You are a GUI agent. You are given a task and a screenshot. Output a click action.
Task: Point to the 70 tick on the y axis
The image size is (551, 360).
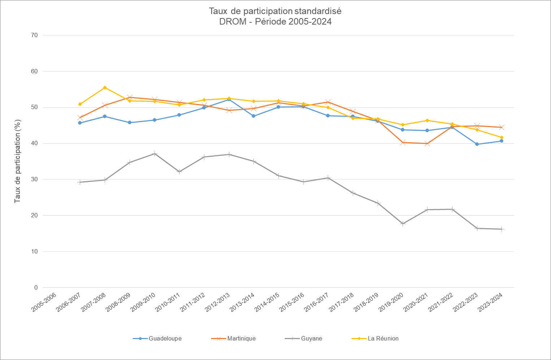pos(34,35)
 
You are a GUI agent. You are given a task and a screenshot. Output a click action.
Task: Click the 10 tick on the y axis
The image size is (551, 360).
pos(34,252)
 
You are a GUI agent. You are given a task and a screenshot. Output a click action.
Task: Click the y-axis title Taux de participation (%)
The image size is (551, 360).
pos(17,161)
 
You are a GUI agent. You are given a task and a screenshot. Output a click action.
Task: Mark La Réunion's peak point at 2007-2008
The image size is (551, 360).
pos(105,88)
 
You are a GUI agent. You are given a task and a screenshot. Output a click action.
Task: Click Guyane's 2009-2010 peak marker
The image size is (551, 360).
pos(155,154)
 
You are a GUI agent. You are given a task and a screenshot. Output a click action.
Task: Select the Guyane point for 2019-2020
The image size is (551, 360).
pos(403,224)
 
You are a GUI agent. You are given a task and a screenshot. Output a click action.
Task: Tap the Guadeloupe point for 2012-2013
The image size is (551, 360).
pos(229,99)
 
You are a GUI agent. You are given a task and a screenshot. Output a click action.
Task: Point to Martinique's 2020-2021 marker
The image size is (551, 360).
pos(428,144)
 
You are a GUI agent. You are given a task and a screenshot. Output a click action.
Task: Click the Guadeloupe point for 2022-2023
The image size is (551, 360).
pos(477,144)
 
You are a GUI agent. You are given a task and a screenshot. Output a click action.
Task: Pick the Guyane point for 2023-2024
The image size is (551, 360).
pos(502,229)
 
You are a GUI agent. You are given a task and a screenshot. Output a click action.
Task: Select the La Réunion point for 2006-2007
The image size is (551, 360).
pos(80,104)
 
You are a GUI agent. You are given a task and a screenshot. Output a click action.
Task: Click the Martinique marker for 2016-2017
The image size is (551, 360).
pos(328,102)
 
